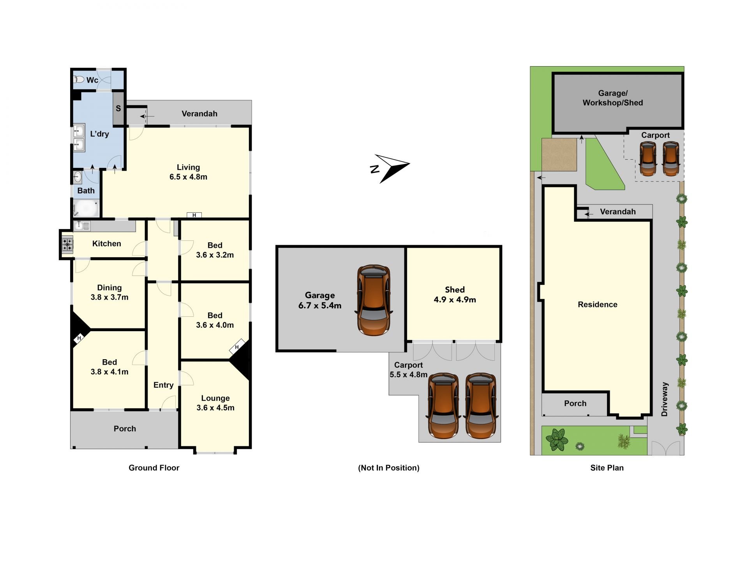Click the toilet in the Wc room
click(x=79, y=79)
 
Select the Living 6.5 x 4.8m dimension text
click(x=188, y=172)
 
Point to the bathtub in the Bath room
click(x=86, y=208)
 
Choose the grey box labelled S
click(x=118, y=109)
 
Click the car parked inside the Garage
click(x=374, y=300)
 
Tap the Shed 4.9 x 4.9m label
click(x=455, y=295)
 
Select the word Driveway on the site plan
click(x=665, y=399)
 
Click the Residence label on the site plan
click(x=598, y=305)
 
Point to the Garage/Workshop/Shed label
click(x=613, y=98)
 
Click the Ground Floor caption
click(x=154, y=468)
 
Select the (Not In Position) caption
click(x=389, y=468)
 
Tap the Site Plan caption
click(x=607, y=468)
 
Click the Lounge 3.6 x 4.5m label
click(x=215, y=403)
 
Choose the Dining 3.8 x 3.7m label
click(x=109, y=292)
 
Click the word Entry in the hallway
click(x=163, y=385)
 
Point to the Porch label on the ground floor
click(x=125, y=429)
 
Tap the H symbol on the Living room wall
click(x=194, y=215)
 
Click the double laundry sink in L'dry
click(x=79, y=138)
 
